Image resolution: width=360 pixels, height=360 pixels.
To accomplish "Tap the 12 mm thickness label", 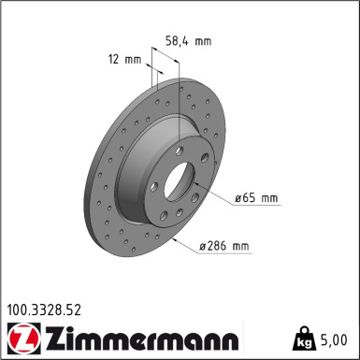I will coord(124,60).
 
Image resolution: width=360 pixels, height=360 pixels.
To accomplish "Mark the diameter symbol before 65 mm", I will coord(238,197).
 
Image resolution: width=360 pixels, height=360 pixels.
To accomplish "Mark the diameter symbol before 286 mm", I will coord(203,247).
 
